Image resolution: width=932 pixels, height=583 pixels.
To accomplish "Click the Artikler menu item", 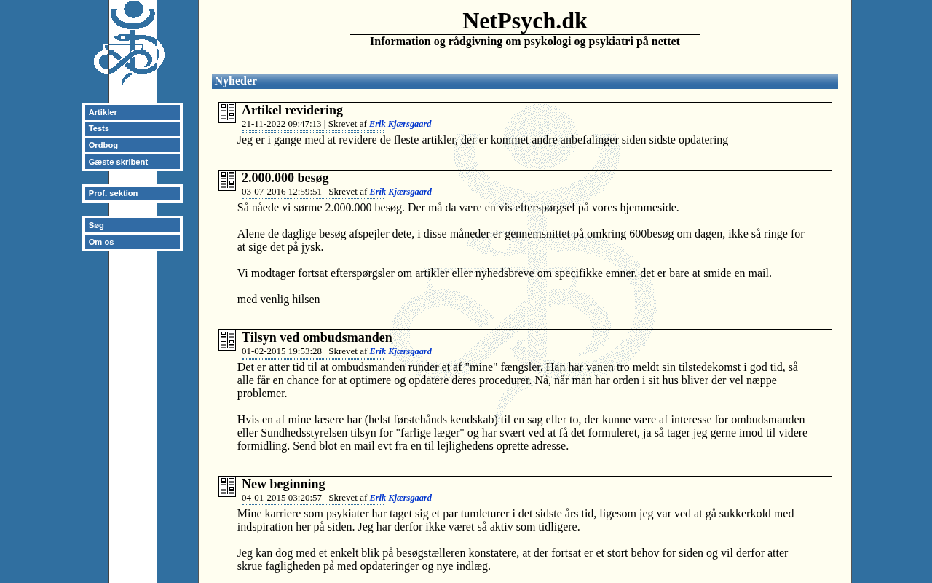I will click(132, 112).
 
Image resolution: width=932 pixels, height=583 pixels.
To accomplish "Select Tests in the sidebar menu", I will click(132, 128).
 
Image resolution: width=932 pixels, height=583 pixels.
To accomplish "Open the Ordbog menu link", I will click(132, 145).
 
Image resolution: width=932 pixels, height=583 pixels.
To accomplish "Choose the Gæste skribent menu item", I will click(132, 162).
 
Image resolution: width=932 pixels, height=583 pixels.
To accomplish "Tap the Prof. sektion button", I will click(132, 193).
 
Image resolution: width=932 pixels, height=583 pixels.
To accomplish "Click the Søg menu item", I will click(132, 225).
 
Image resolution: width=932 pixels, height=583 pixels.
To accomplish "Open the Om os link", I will click(132, 242).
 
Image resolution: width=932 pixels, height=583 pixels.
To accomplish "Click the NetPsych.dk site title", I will click(524, 21).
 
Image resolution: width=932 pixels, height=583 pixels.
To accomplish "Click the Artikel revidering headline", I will click(292, 110).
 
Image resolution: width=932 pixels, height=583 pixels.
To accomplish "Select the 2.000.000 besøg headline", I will click(285, 178).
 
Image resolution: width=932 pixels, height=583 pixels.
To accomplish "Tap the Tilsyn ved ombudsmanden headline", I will click(317, 337).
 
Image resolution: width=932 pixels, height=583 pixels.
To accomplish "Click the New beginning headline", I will click(283, 484).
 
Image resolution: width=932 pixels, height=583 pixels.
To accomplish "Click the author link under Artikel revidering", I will click(400, 124).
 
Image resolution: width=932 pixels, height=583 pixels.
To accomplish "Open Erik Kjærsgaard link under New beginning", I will click(400, 498).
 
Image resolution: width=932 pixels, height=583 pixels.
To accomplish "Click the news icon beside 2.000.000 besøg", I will click(227, 181).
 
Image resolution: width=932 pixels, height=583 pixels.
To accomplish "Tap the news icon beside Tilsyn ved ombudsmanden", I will click(227, 340).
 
